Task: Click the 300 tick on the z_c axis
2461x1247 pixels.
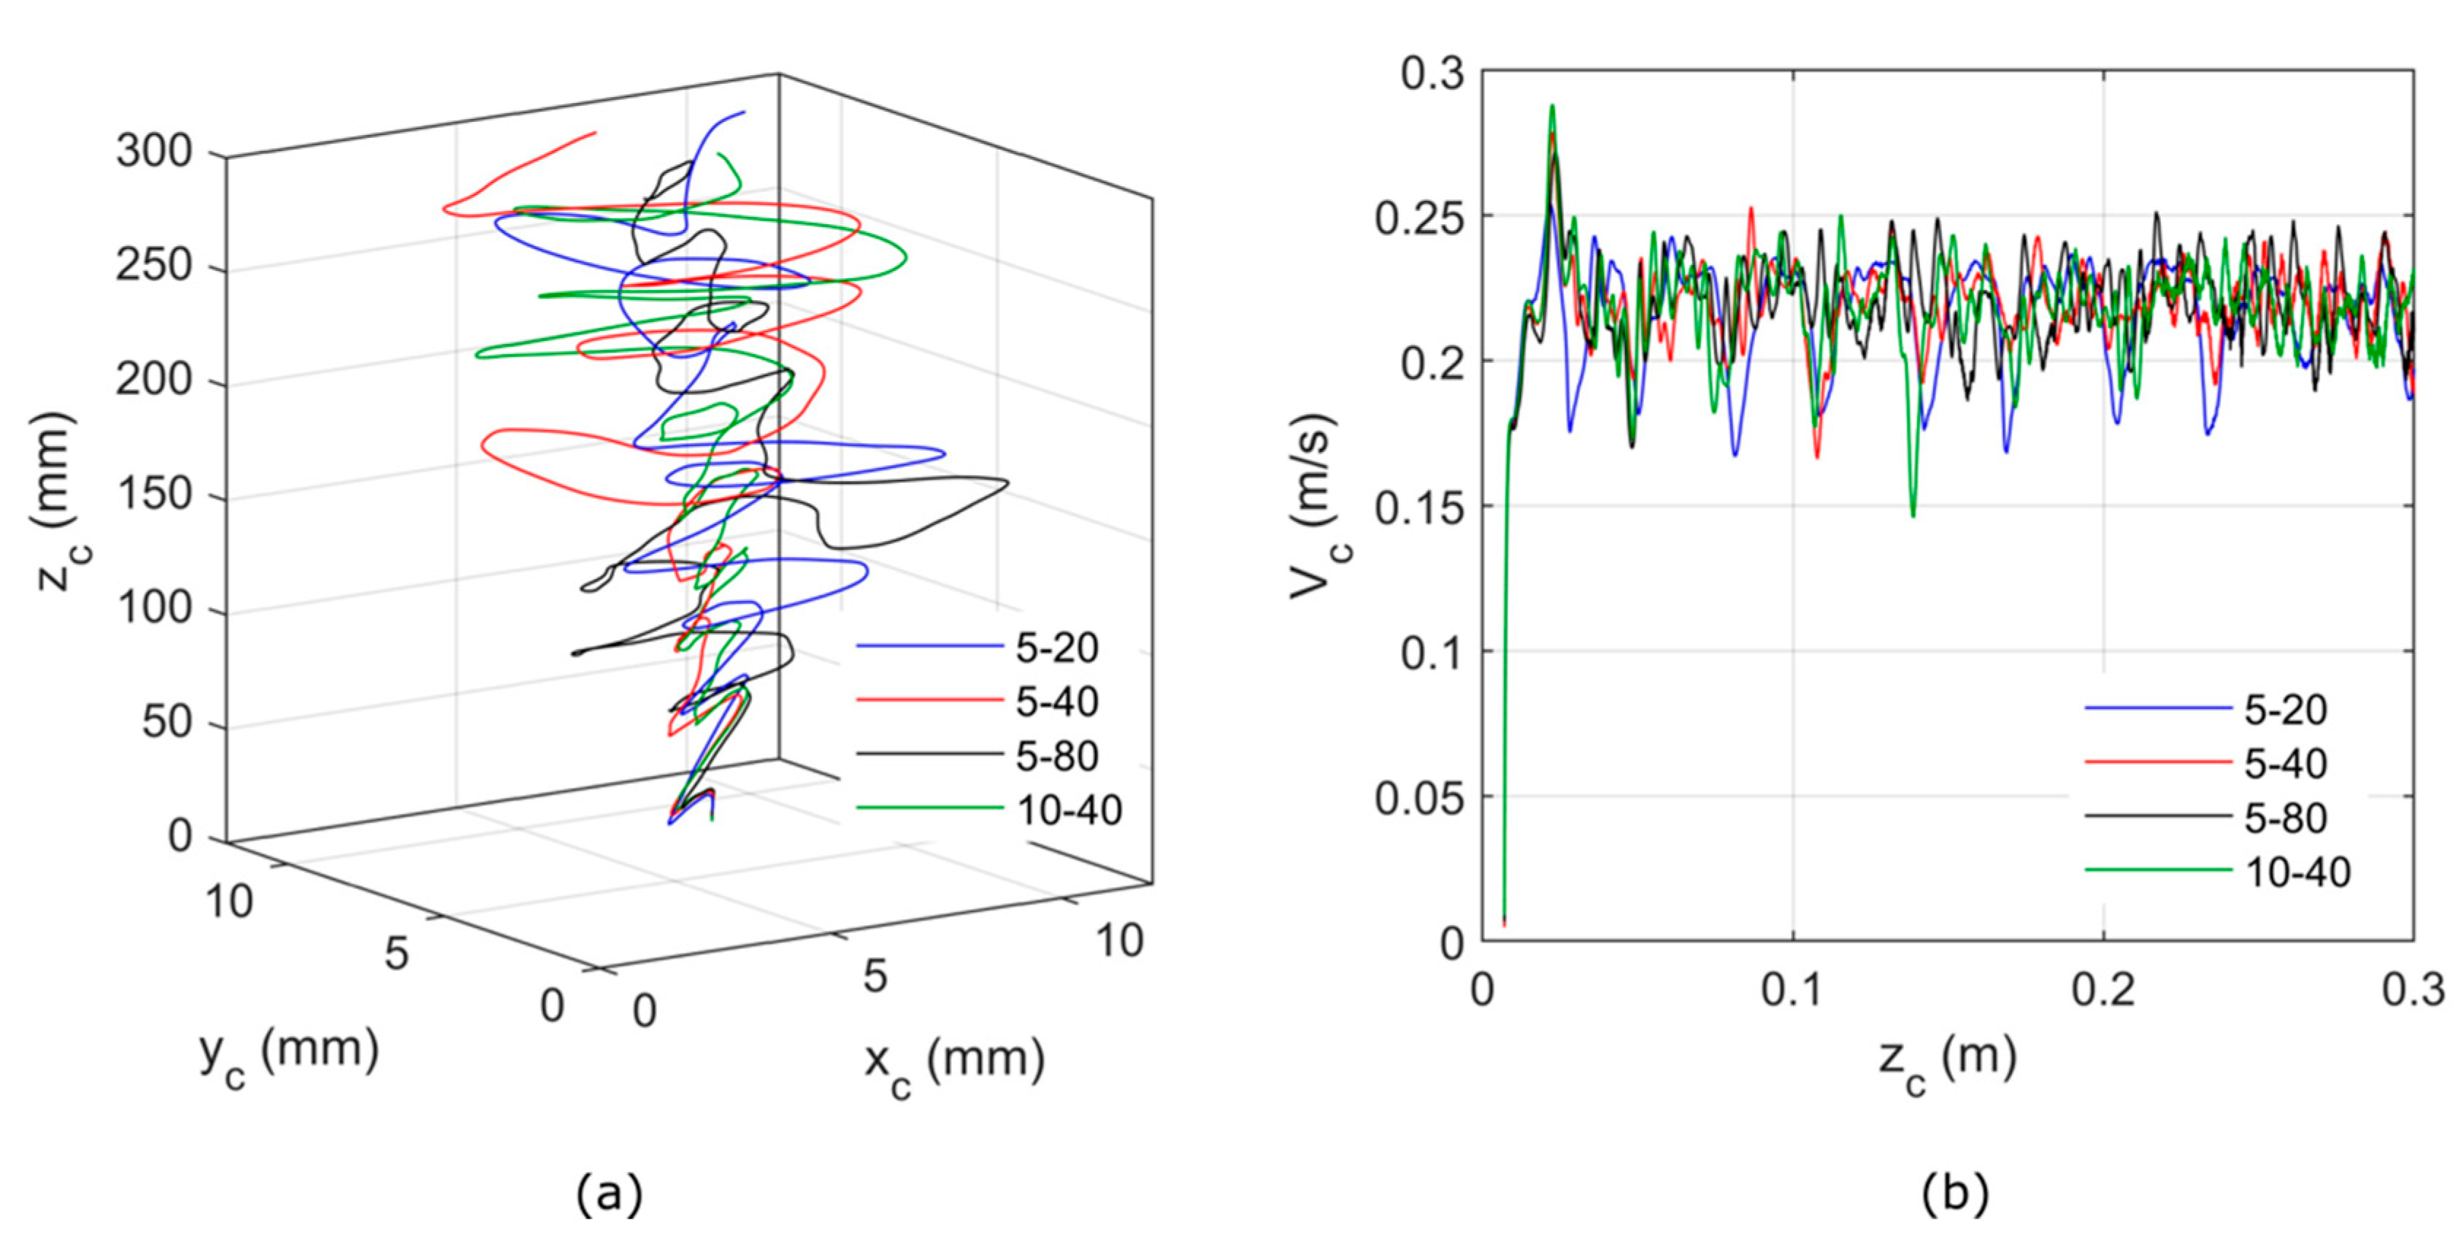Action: [154, 151]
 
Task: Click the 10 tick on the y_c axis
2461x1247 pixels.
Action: [229, 901]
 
